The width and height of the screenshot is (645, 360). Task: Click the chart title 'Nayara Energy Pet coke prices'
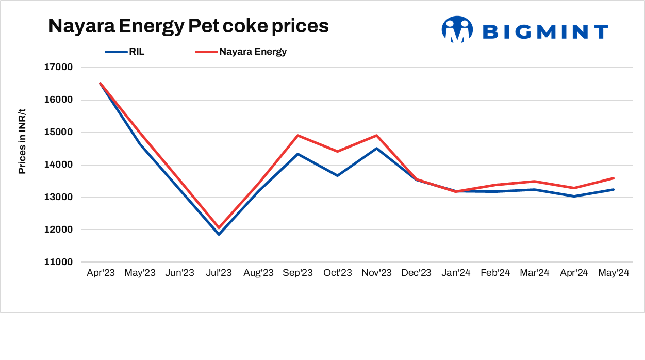point(188,26)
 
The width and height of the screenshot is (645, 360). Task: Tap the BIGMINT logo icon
point(457,29)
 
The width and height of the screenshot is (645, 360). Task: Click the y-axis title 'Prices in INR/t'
point(22,141)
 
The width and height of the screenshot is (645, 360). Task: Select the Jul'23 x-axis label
point(219,273)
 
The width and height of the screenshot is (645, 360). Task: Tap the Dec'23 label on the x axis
point(416,273)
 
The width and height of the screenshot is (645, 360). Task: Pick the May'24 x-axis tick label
point(614,273)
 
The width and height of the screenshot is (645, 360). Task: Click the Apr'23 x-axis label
point(101,273)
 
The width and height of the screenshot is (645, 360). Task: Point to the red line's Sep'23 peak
point(297,136)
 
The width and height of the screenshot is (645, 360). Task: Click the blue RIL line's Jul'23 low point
point(219,234)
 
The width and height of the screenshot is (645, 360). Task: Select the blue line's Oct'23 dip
point(337,175)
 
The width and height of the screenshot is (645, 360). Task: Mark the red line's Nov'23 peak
point(377,136)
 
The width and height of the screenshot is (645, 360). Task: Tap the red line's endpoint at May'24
point(614,178)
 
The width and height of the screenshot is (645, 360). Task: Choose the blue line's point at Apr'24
point(574,196)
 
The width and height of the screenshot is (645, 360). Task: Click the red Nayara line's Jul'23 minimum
point(219,227)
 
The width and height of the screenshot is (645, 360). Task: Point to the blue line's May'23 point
point(140,144)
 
